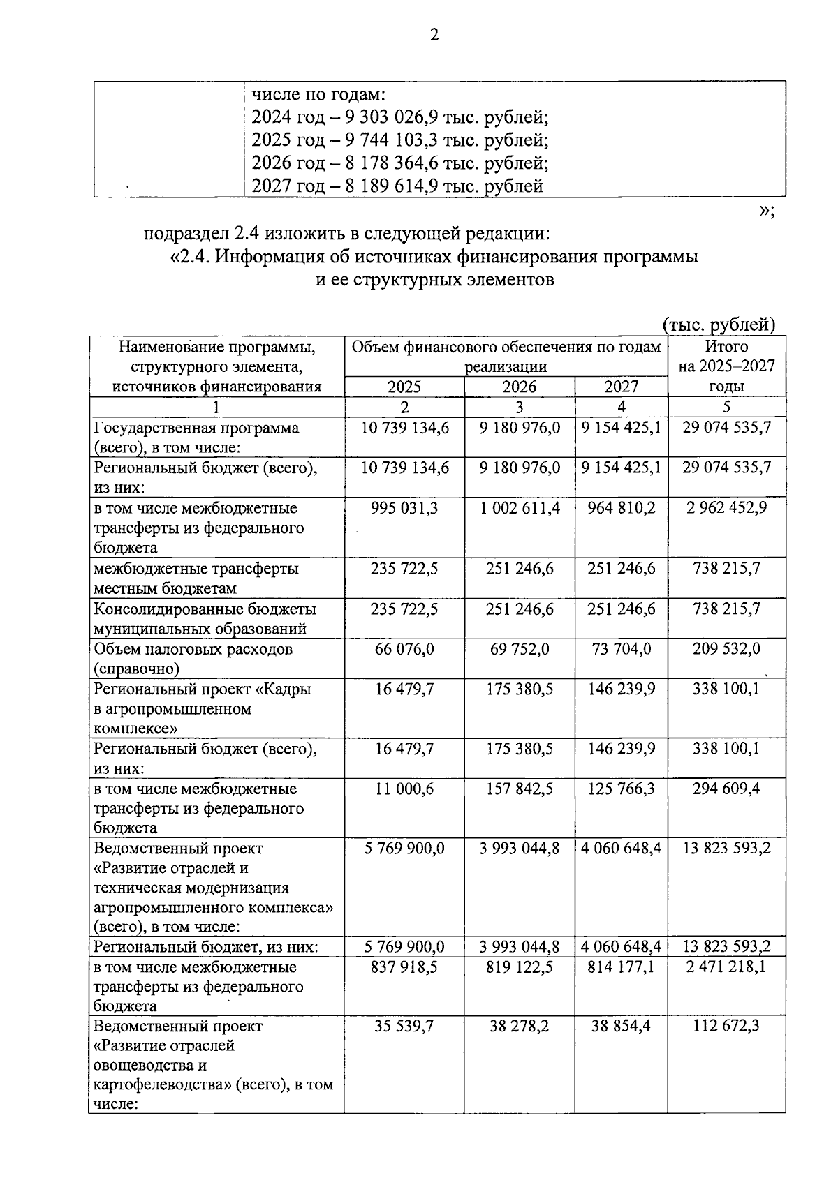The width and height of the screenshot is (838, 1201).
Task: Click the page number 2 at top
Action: [x=434, y=36]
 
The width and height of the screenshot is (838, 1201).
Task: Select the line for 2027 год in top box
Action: [x=397, y=186]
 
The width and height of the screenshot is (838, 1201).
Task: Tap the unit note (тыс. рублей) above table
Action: [x=719, y=325]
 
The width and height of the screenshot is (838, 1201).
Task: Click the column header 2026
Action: [x=520, y=387]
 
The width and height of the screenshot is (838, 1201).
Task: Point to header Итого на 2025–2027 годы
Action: [x=726, y=366]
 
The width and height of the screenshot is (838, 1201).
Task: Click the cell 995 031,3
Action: [x=404, y=508]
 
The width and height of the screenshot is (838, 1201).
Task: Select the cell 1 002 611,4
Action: [x=520, y=508]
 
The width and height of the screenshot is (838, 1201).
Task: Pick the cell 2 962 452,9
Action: [x=726, y=508]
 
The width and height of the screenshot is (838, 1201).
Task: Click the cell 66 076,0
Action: [x=404, y=649]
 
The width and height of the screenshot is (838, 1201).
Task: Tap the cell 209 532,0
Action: [x=726, y=649]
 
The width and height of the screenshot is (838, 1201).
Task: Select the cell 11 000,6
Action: [x=404, y=789]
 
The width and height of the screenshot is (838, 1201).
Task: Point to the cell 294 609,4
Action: [x=726, y=789]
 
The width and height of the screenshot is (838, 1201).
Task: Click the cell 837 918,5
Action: [x=404, y=967]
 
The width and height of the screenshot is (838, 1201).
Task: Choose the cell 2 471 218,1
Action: [x=726, y=967]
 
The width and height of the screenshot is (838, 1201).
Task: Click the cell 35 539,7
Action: [x=404, y=1027]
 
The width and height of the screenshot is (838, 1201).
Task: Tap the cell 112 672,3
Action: [x=726, y=1027]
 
